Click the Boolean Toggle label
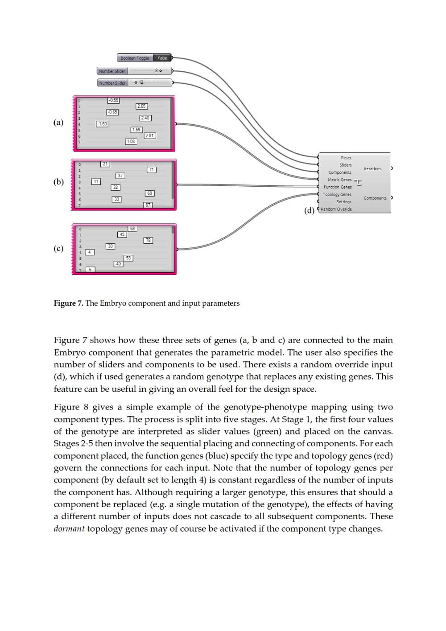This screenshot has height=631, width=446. pos(135,58)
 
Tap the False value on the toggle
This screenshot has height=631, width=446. pos(162,58)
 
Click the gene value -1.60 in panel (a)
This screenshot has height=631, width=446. pos(102,124)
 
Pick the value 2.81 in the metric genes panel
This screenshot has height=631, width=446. pos(150,135)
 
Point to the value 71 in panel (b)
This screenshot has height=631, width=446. pos(152,170)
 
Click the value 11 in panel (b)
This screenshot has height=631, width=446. pos(96,181)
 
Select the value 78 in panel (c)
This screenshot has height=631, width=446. pos(148,240)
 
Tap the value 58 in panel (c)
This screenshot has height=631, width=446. pos(132,229)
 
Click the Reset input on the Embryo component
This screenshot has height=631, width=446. pos(346,158)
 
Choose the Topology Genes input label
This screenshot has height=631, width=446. pos(337,194)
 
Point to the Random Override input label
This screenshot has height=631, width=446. pos(336,209)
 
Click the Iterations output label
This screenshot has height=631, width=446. pos(372,169)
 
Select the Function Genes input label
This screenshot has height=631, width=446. pos(338,187)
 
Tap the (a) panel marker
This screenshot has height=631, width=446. pos(58,122)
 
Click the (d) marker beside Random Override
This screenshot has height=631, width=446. pos(309,210)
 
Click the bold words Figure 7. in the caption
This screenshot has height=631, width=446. pos(68,303)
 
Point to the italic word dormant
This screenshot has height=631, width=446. pos(69,529)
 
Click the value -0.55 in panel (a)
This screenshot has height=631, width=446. pos(113,100)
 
